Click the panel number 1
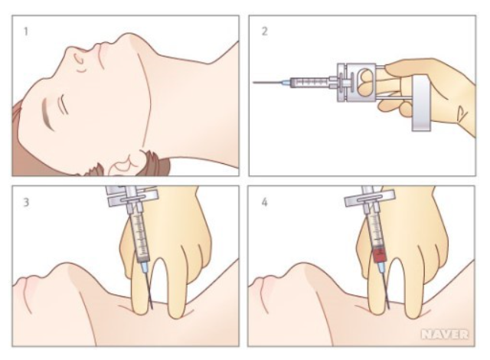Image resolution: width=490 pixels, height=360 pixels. (x=26, y=31)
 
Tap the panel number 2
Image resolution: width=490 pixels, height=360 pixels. (x=264, y=31)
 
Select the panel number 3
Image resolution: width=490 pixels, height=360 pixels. (x=26, y=202)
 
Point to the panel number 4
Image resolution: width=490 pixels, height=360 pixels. (x=264, y=202)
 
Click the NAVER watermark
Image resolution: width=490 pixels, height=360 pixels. (x=445, y=335)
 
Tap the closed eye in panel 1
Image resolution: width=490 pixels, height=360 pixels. (x=64, y=105)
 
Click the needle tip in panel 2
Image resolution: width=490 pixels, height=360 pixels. (x=253, y=82)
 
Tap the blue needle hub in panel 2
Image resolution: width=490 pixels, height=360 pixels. (x=286, y=83)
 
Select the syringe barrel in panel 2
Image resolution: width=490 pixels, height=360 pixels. (x=309, y=83)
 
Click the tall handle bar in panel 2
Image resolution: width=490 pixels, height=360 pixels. (x=420, y=103)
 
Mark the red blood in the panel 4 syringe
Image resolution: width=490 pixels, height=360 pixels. (x=380, y=255)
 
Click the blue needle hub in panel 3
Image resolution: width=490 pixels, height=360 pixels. (x=144, y=267)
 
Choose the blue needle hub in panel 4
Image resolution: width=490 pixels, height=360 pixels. (x=381, y=267)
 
